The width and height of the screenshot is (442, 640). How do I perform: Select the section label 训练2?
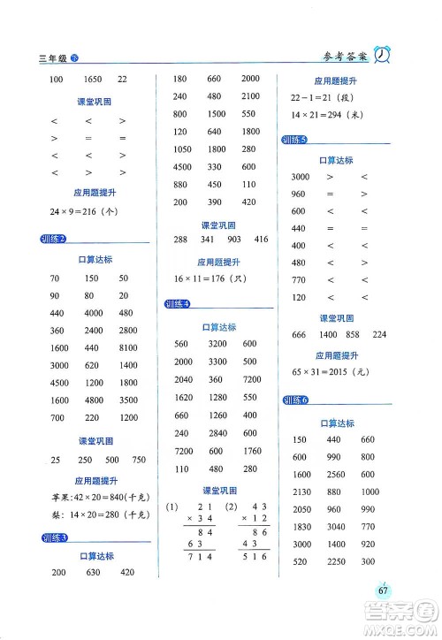(55, 239)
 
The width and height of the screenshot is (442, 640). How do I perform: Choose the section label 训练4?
(179, 305)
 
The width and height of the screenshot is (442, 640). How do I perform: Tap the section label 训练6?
(293, 400)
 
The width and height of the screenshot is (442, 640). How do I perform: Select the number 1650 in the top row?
(94, 80)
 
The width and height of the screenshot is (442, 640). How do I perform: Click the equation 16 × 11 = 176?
(206, 279)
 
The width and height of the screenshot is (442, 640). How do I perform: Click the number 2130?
(302, 492)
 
